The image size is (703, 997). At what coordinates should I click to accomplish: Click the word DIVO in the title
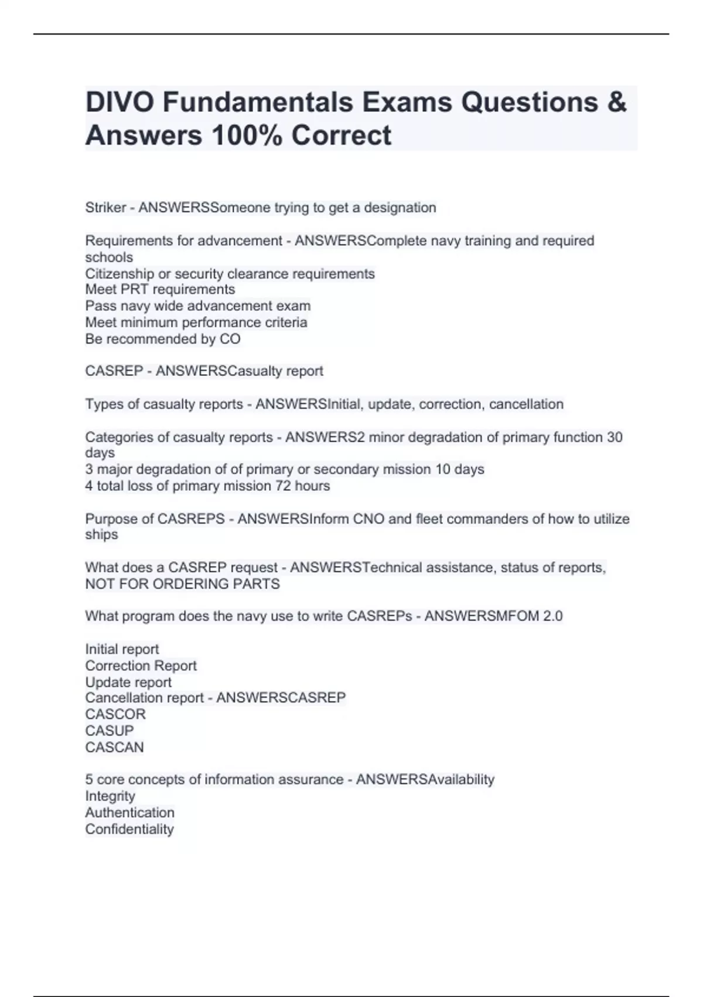120,102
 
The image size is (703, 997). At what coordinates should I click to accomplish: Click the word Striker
105,208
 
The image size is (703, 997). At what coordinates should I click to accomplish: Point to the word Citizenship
120,274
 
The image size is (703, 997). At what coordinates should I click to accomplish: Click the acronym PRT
134,290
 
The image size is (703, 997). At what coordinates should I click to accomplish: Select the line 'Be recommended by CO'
163,339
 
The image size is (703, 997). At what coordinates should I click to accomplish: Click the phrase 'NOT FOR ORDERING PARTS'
182,584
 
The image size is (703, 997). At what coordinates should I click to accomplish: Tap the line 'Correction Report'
141,666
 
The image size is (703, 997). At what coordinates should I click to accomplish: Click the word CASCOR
115,714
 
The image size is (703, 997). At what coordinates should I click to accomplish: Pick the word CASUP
110,731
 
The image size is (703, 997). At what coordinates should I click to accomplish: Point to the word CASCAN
114,747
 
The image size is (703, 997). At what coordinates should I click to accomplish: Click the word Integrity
110,796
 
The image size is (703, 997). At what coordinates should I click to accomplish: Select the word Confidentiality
129,829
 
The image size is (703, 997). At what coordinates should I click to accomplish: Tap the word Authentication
129,813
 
